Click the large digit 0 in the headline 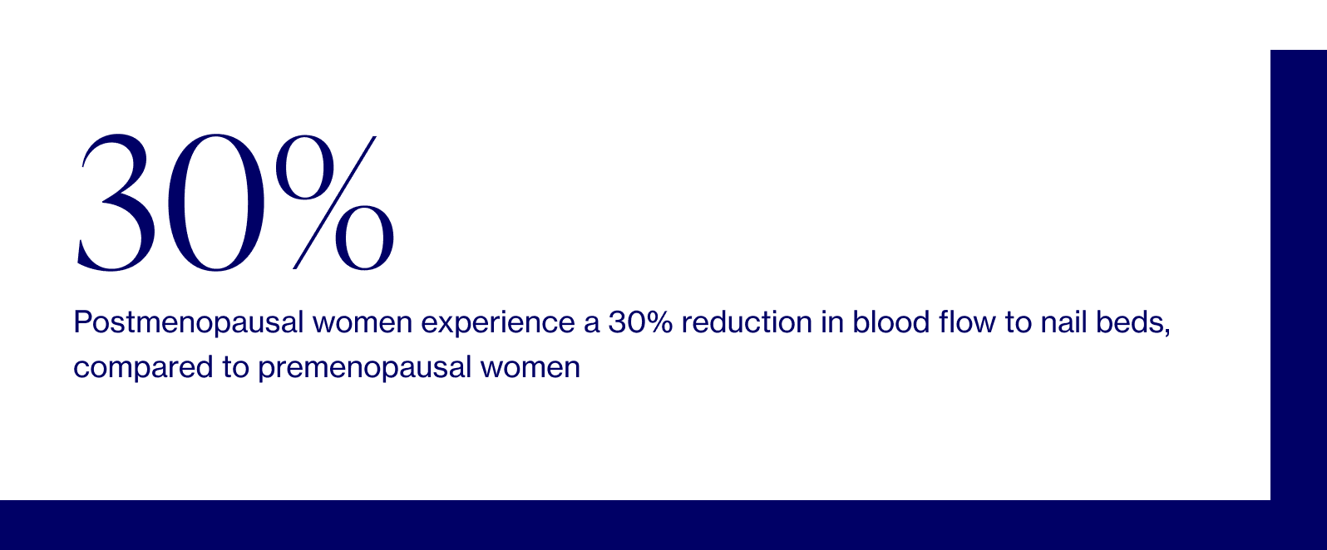click(215, 204)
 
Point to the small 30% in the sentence click(639, 322)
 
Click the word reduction click(746, 322)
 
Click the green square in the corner click(1298, 24)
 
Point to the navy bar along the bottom click(632, 525)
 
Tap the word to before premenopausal click(235, 367)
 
